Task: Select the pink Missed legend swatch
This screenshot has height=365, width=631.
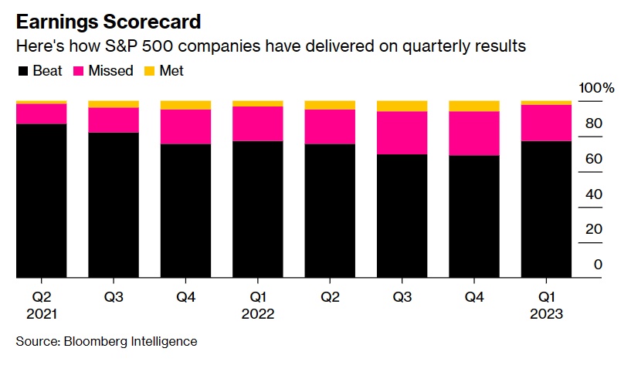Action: coord(77,72)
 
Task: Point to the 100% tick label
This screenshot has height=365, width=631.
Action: coord(598,89)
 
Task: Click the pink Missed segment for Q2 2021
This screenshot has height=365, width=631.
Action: coord(41,113)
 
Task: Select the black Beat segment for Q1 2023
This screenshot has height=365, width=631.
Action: coord(546,208)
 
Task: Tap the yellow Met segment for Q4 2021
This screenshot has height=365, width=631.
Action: coord(185,105)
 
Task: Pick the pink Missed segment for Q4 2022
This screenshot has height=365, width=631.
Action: coord(474,133)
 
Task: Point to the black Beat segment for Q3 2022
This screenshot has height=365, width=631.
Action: coord(402,215)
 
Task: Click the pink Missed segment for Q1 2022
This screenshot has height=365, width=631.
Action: coord(257,123)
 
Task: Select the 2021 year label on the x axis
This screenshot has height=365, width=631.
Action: coord(41,314)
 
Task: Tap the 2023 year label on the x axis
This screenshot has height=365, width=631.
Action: coord(546,314)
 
